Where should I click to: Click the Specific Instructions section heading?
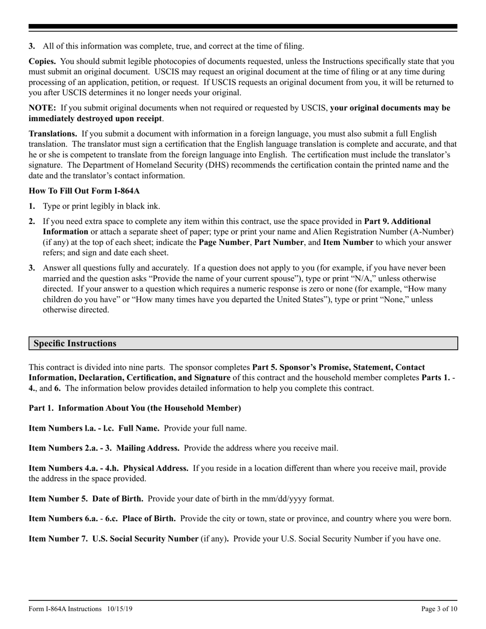click(75, 344)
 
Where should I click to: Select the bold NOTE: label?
click(42, 108)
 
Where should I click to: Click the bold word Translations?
click(53, 134)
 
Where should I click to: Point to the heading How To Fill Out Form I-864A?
click(84, 191)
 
